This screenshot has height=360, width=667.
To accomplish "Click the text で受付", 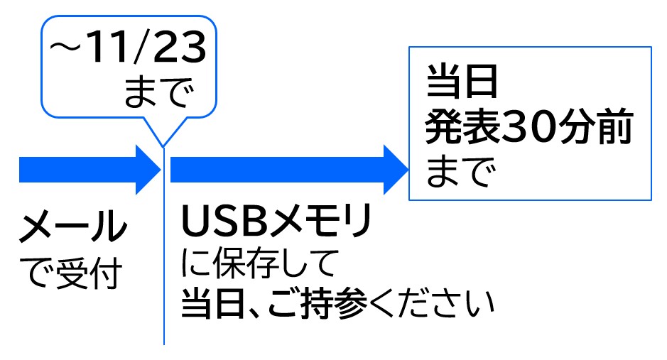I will (x=71, y=274).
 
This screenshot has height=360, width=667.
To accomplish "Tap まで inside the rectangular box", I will (x=459, y=172).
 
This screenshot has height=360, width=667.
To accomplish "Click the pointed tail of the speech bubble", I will (x=164, y=142).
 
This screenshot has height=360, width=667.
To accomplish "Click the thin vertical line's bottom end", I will (x=164, y=342).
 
